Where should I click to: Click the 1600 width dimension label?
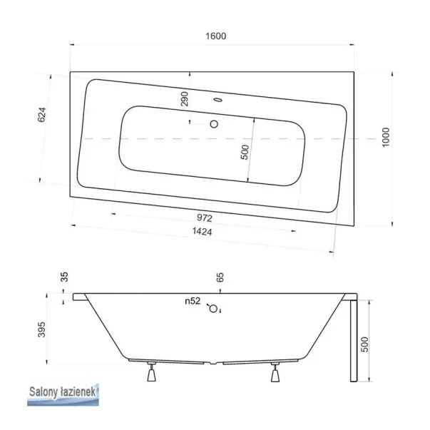[216, 36]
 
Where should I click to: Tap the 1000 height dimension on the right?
[386, 137]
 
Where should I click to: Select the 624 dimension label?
[41, 115]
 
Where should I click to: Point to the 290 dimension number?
[185, 99]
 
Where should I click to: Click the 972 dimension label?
[205, 217]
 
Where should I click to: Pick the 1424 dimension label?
[202, 232]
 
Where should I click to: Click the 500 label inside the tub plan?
[245, 152]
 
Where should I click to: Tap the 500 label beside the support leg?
[364, 344]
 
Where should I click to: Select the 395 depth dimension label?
[41, 329]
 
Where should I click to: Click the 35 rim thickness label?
[64, 277]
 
